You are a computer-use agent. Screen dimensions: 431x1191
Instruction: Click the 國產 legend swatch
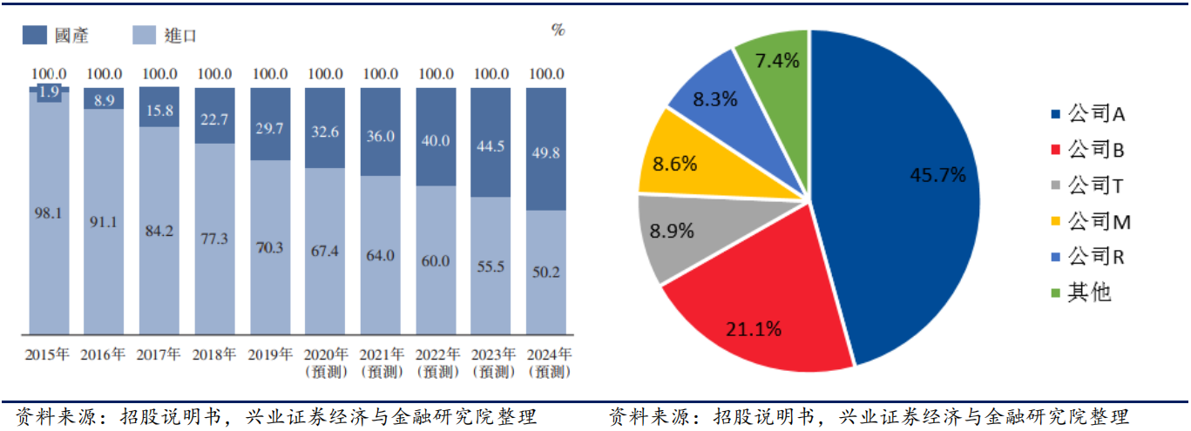point(34,35)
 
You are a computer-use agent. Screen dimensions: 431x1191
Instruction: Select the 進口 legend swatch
point(145,35)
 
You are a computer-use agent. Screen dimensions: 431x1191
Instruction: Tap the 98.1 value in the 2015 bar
point(48,212)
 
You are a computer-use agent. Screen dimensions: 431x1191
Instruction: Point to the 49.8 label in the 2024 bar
point(546,153)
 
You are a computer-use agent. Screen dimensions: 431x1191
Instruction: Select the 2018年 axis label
point(214,355)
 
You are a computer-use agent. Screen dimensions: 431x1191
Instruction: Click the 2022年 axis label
point(436,355)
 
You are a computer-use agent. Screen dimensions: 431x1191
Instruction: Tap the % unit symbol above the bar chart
point(558,30)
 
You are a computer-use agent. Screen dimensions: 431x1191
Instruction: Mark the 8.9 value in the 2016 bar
point(104,100)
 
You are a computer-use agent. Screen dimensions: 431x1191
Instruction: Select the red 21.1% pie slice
point(758,313)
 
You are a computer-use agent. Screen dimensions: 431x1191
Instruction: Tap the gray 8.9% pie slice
point(675,233)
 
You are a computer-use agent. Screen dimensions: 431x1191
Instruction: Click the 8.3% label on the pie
point(715,98)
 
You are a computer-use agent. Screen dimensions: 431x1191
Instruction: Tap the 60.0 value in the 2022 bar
point(436,261)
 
